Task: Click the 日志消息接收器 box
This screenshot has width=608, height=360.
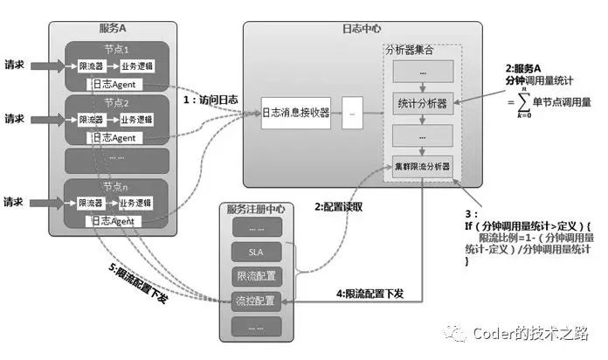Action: click(x=296, y=113)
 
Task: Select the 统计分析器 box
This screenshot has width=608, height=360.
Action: click(x=422, y=103)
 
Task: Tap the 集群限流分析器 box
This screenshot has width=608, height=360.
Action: click(x=422, y=166)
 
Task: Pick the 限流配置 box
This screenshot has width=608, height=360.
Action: click(x=255, y=276)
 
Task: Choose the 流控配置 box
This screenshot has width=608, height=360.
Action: click(x=255, y=301)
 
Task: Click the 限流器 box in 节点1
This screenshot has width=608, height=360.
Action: click(x=91, y=66)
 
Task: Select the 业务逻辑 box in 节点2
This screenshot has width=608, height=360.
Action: click(x=136, y=120)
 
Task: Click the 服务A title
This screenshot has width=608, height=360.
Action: click(x=114, y=29)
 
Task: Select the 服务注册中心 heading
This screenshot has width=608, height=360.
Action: click(x=255, y=210)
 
